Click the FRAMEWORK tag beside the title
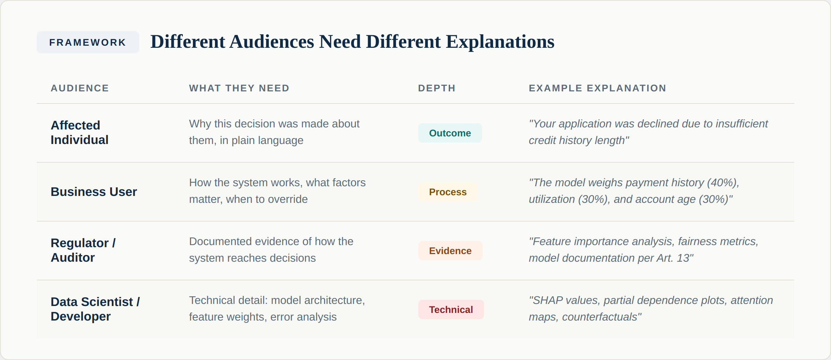coord(88,42)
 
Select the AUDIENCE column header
coord(80,88)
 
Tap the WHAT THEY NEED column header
coord(239,88)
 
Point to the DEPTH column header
coord(437,88)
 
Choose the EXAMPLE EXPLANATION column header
coord(597,88)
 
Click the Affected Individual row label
coord(80,133)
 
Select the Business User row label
coord(94,192)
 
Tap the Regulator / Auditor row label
coord(83,250)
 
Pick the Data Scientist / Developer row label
coord(95,309)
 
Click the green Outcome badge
coord(450,133)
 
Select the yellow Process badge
coord(448,192)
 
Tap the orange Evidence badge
coord(450,251)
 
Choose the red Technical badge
coord(451,310)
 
